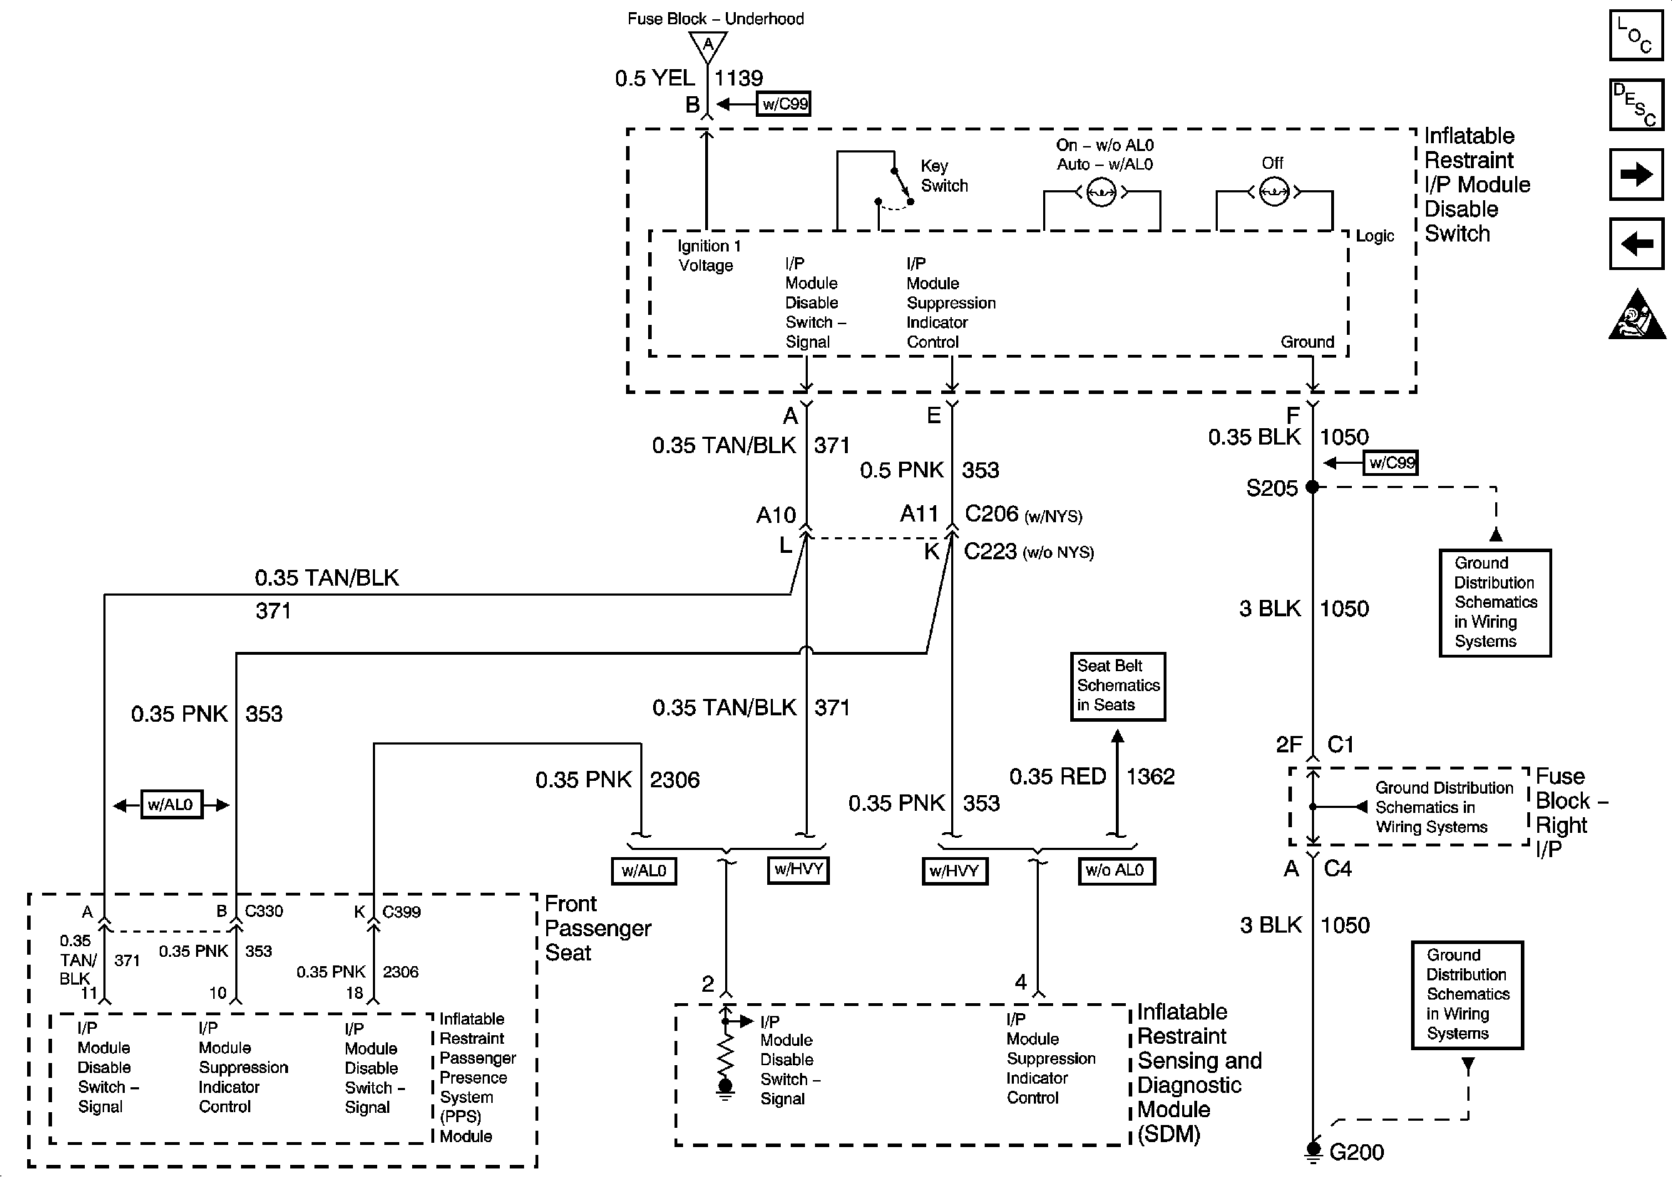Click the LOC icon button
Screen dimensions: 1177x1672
(x=1636, y=35)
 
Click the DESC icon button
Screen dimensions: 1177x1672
(x=1636, y=105)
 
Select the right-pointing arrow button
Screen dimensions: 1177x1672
(x=1636, y=175)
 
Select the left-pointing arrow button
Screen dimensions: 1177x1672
(x=1636, y=243)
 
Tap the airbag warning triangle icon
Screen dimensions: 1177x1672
(x=1636, y=314)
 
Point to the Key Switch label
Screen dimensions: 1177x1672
(x=944, y=175)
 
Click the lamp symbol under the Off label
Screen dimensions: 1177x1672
(x=1273, y=192)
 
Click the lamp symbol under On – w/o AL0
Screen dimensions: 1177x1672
(x=1101, y=193)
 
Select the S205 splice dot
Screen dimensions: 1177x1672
(x=1312, y=487)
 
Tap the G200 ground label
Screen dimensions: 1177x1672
(x=1356, y=1152)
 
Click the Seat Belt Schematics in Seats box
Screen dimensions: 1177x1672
(x=1117, y=685)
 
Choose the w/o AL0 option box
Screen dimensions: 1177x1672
(x=1116, y=871)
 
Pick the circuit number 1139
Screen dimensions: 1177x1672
(x=739, y=78)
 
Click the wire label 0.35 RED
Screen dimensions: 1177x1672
(x=1057, y=777)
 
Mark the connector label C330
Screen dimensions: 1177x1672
(x=264, y=911)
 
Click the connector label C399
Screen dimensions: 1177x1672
(x=401, y=912)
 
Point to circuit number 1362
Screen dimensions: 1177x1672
(x=1151, y=777)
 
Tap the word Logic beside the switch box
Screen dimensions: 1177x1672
(x=1374, y=236)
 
